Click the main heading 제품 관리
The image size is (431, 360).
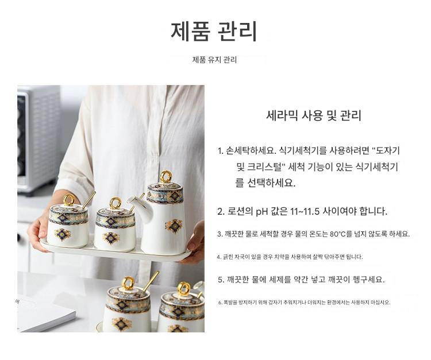(x=214, y=31)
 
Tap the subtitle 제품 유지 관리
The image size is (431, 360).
(x=214, y=60)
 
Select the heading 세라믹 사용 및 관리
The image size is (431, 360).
(x=313, y=115)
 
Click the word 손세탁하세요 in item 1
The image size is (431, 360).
(x=251, y=150)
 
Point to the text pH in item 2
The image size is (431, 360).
(x=263, y=212)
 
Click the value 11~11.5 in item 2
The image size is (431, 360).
(x=305, y=211)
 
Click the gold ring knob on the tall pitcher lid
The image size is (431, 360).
(x=166, y=177)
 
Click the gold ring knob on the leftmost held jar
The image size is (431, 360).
(x=69, y=200)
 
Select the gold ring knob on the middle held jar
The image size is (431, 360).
(x=116, y=203)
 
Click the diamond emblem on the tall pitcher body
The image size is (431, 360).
(x=174, y=226)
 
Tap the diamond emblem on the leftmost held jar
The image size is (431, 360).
(x=63, y=234)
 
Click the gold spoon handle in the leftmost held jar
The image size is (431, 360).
(x=89, y=200)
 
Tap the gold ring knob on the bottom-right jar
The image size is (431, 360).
(x=184, y=289)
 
